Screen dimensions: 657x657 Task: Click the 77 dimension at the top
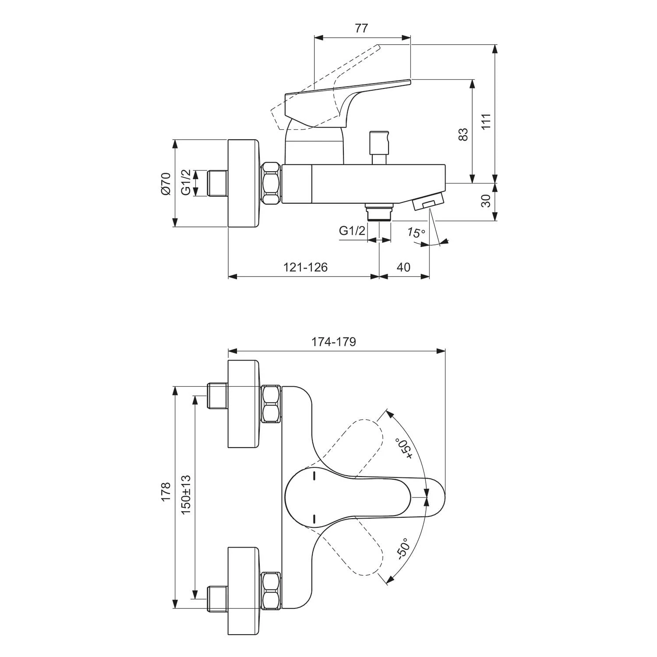[x=361, y=28]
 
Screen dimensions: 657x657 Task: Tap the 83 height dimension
[x=463, y=134]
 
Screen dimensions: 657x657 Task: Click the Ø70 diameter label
[x=165, y=184]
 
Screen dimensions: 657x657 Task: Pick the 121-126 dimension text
[x=305, y=267]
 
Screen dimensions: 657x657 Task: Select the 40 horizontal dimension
[x=403, y=267]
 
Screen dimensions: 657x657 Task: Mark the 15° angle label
[x=416, y=233]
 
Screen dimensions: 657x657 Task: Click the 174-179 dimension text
[x=334, y=342]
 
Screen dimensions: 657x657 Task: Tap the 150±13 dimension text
[x=186, y=495]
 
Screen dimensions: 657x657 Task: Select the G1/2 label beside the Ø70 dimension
[x=186, y=183]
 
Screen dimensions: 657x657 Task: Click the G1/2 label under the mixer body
[x=352, y=231]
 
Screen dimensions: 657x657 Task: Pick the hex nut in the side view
[x=271, y=183]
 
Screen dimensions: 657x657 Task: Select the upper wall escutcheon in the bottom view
[x=244, y=404]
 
